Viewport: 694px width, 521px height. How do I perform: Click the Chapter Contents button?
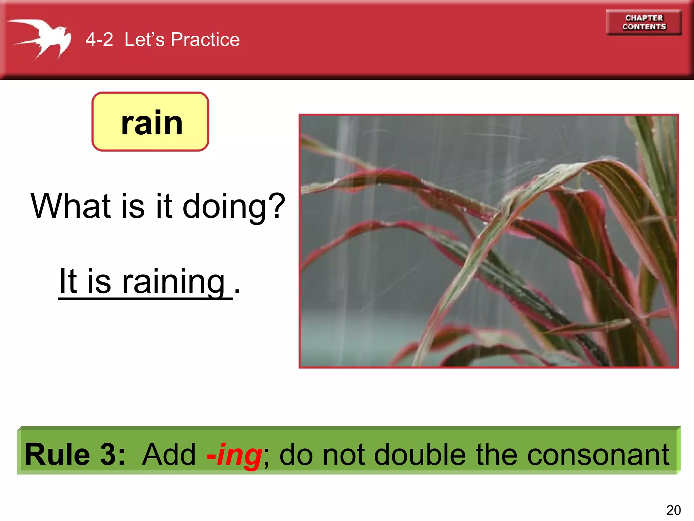coord(644,22)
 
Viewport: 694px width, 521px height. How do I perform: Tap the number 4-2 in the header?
coord(99,40)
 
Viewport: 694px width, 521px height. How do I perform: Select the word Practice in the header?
coord(205,40)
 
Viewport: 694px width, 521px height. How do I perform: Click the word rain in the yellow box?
coord(151,123)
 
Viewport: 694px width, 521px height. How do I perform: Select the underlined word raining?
coord(173,282)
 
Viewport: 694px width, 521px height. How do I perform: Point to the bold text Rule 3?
coord(75,455)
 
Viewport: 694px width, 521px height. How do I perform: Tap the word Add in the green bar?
coord(169,455)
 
